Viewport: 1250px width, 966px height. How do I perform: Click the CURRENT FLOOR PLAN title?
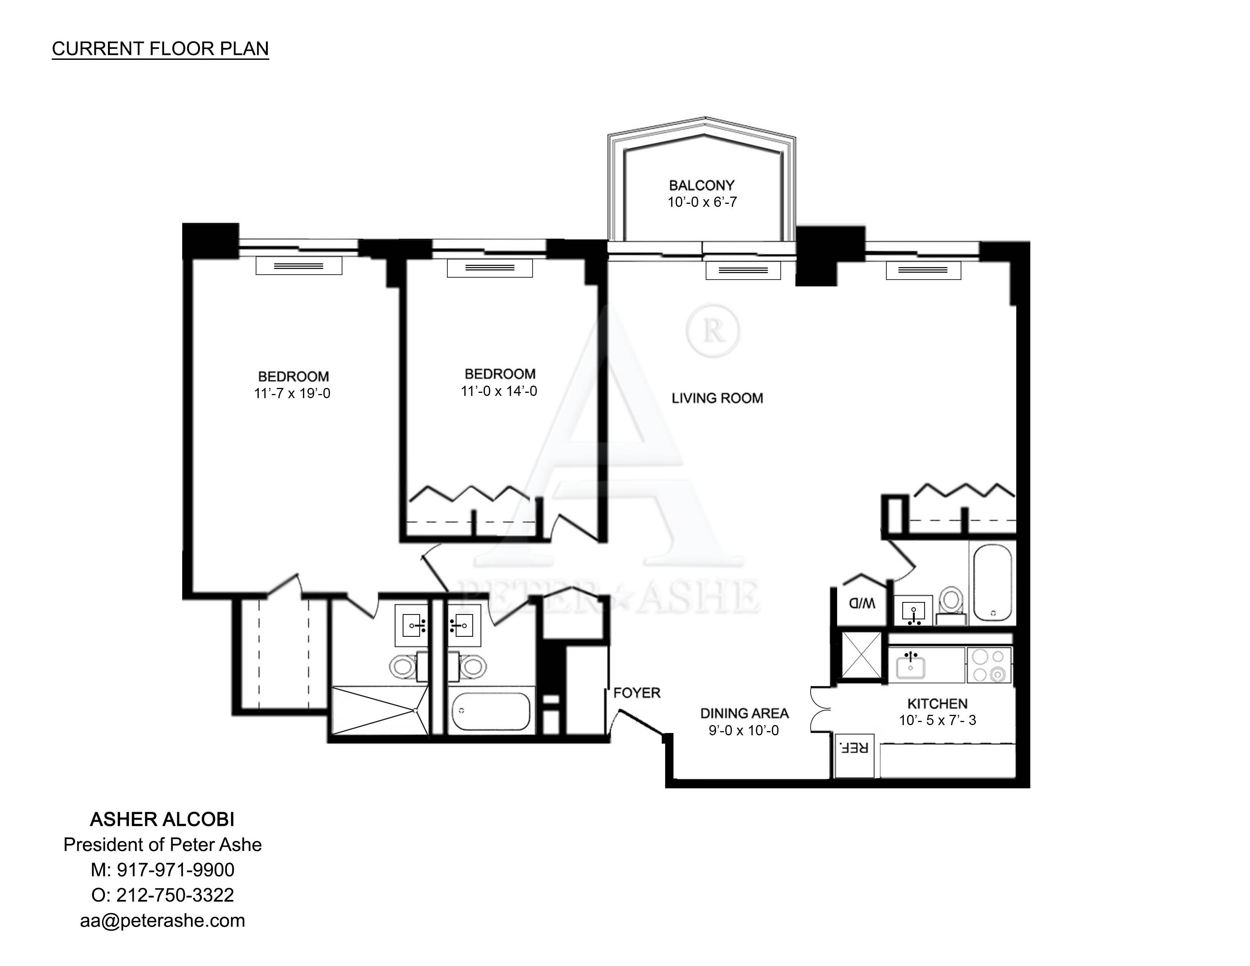160,48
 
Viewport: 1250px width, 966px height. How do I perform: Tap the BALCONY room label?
702,185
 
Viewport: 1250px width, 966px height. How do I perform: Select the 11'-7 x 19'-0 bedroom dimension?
292,394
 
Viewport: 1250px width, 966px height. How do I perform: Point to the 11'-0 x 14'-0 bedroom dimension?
499,391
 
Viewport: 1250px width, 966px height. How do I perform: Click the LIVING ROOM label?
717,398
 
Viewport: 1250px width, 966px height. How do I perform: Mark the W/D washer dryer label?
862,603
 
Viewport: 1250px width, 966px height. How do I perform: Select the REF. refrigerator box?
854,755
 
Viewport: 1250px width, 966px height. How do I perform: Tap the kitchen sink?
911,666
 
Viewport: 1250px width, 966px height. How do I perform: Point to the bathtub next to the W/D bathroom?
992,583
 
